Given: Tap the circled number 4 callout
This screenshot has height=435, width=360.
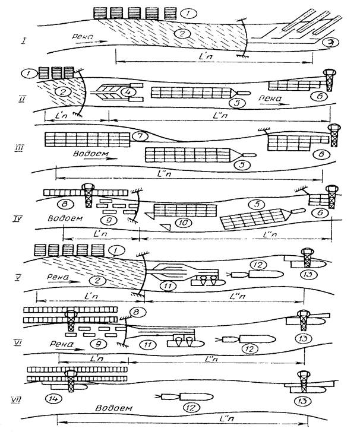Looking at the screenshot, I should tap(126, 92).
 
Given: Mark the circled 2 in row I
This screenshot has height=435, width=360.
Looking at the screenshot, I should tap(179, 34).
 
